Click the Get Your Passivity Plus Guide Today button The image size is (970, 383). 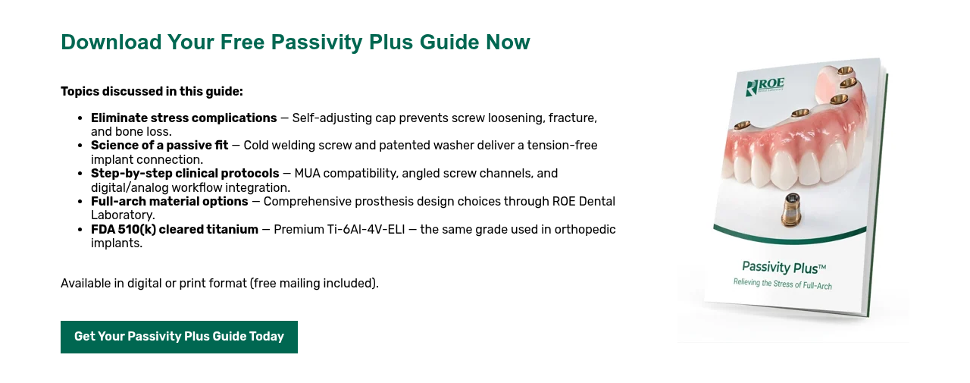179,337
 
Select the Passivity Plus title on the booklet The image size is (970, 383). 784,267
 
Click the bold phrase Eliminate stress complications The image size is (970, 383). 184,118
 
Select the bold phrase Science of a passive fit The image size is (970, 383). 159,146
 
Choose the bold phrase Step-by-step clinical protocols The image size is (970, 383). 185,174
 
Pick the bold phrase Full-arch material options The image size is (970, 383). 170,202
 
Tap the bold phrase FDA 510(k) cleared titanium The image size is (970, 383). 174,230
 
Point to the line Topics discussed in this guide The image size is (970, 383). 152,92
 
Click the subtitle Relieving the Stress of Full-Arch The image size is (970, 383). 782,284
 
